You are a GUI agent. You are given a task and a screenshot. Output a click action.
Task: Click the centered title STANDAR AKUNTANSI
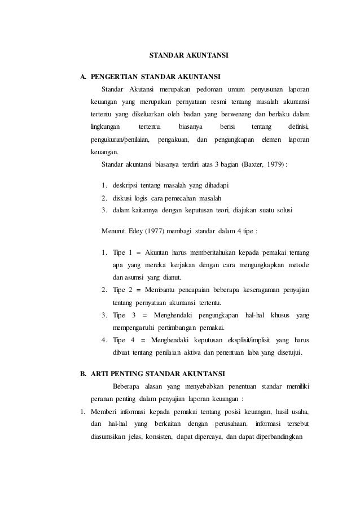pyautogui.click(x=188, y=56)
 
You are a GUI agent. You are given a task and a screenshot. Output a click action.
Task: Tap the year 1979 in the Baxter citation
pyautogui.click(x=275, y=164)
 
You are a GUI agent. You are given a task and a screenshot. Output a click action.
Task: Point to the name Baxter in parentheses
pyautogui.click(x=253, y=164)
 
